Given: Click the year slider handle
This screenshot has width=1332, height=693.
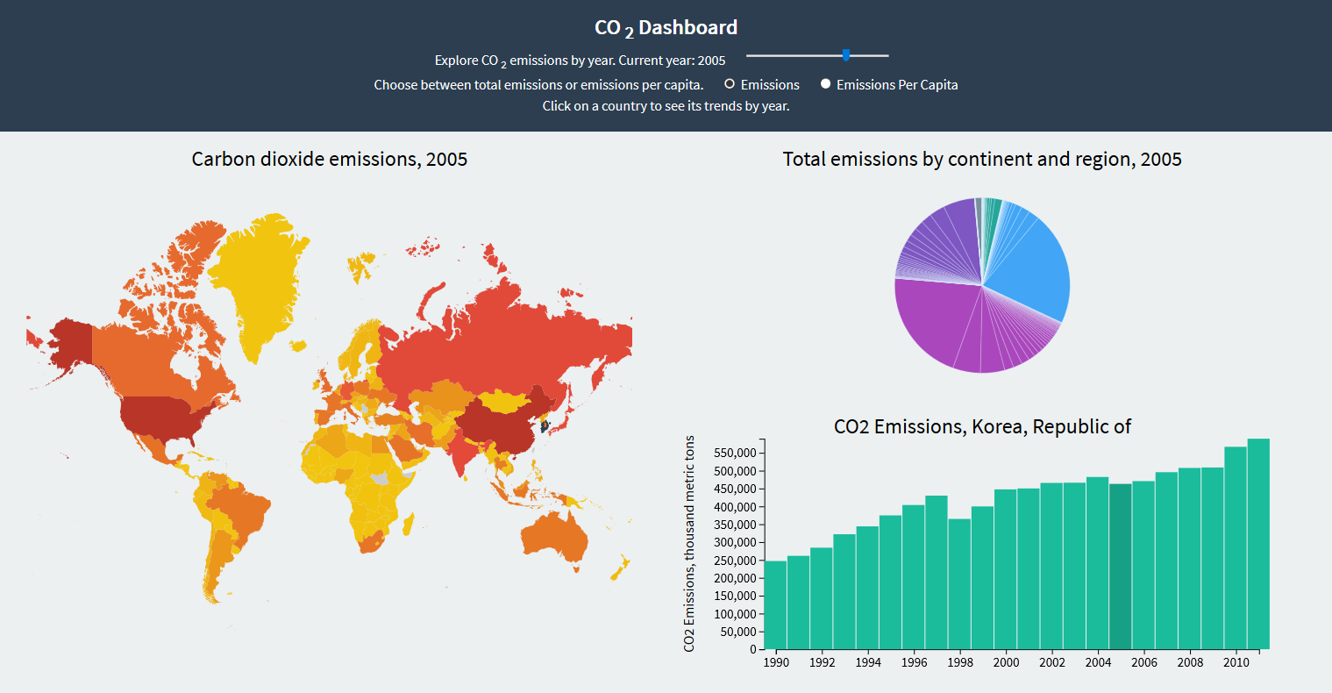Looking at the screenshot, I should pyautogui.click(x=846, y=55).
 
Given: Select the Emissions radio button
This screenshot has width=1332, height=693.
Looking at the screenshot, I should pyautogui.click(x=730, y=84).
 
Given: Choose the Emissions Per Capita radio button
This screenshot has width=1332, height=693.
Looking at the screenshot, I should pyautogui.click(x=825, y=84).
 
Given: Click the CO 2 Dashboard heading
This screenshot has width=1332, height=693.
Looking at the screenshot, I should pyautogui.click(x=666, y=28).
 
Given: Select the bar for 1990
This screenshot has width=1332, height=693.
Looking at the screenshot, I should pyautogui.click(x=775, y=605).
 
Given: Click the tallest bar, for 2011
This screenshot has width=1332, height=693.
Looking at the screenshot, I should pyautogui.click(x=1258, y=544).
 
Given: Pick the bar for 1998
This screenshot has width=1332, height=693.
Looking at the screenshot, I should pyautogui.click(x=959, y=583).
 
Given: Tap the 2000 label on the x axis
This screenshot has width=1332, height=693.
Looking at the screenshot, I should pyautogui.click(x=1006, y=662).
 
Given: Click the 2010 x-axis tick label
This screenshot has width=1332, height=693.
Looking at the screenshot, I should pyautogui.click(x=1236, y=662).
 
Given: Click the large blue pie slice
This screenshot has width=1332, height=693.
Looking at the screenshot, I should pyautogui.click(x=1035, y=268).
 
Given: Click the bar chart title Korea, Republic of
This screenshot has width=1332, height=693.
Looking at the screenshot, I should pyautogui.click(x=982, y=426).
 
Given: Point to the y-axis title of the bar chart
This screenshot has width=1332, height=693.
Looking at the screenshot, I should pyautogui.click(x=689, y=544).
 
